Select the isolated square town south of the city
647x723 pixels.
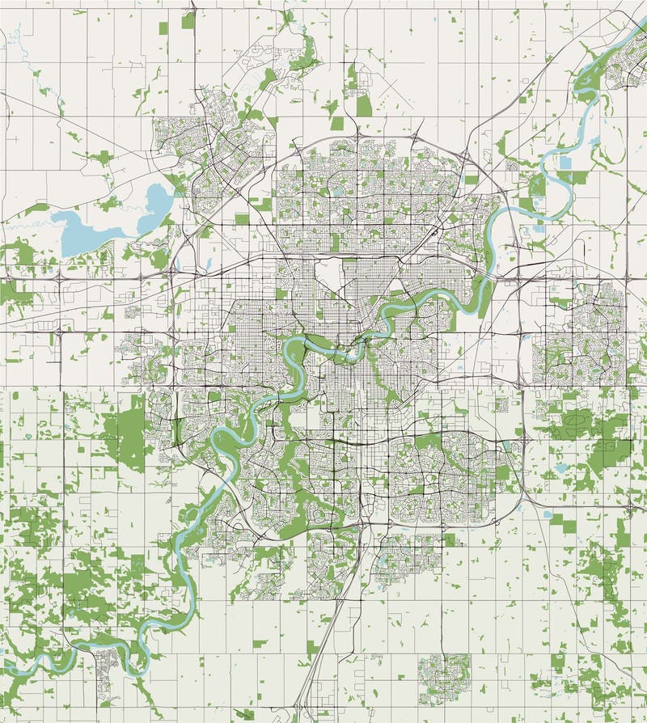pyautogui.click(x=444, y=673)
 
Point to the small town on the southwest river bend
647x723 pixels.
pyautogui.click(x=106, y=673)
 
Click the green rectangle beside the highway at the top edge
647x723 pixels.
pyautogui.click(x=188, y=20)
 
